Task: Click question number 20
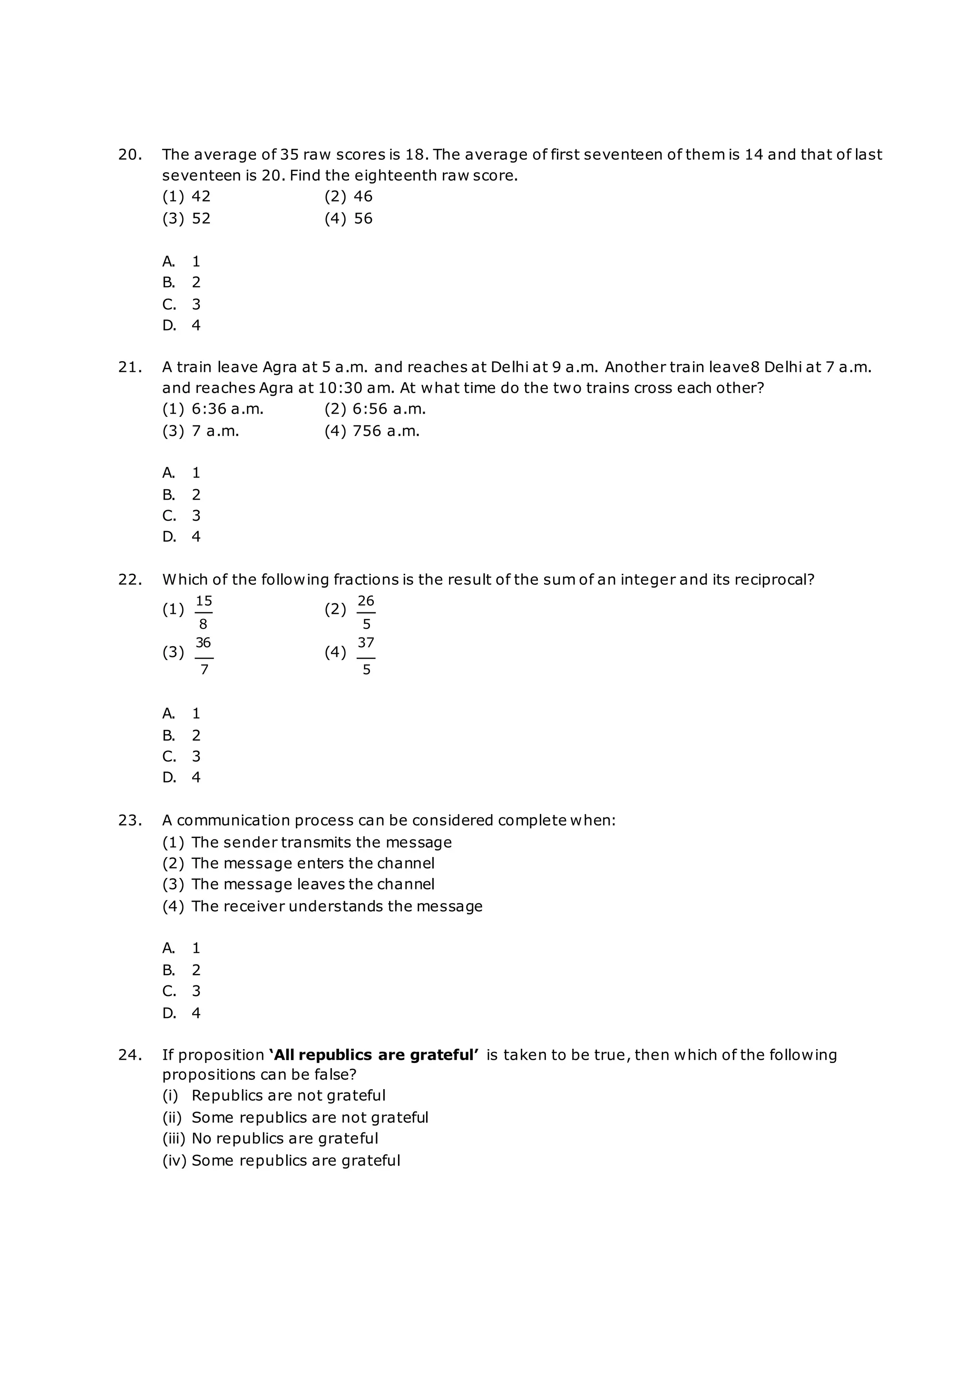129,155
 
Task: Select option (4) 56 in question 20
349,218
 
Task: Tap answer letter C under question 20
169,304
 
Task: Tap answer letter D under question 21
169,537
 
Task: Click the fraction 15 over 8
204,612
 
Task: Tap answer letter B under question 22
169,735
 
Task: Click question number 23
129,820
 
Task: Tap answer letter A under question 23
169,948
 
